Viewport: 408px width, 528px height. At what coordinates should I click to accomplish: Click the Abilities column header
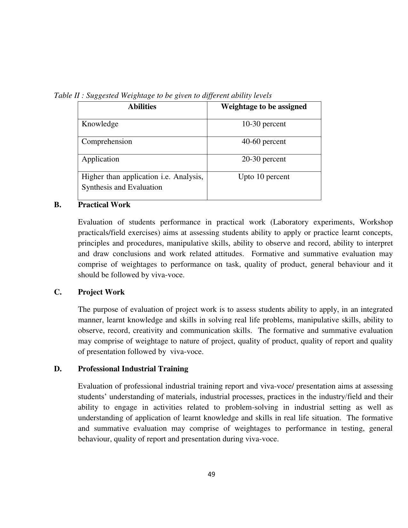point(142,107)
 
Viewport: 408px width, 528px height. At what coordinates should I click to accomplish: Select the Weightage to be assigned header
point(264,107)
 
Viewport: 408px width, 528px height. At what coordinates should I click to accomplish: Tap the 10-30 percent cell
point(264,124)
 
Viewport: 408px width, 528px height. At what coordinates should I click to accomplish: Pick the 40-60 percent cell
point(264,142)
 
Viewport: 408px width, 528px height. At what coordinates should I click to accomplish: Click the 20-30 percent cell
point(264,159)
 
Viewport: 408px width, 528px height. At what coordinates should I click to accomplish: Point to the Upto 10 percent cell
point(264,177)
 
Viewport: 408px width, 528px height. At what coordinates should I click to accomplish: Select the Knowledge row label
point(100,124)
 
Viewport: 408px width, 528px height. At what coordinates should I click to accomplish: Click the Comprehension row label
point(107,142)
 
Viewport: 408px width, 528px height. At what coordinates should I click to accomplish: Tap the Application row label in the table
point(100,159)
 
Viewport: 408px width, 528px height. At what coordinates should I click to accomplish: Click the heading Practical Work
point(104,205)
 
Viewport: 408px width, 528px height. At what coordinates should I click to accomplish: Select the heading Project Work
point(101,292)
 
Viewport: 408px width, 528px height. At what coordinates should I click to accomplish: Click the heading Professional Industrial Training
point(133,369)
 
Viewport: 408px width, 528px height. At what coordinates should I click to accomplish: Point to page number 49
point(211,475)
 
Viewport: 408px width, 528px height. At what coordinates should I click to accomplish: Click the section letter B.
point(58,205)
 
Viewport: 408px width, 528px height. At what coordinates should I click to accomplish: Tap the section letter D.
point(58,369)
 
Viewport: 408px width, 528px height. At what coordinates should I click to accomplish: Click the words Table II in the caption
point(67,96)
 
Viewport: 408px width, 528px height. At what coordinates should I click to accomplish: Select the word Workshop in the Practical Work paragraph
point(376,222)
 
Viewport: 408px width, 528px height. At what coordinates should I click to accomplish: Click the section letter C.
point(58,292)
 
